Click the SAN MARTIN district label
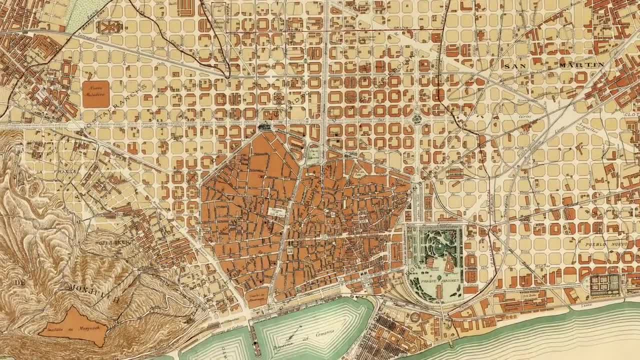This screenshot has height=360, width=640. pos(553,65)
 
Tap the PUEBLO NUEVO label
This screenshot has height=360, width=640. pos(602,244)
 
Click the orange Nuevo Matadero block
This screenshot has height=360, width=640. pos(95,93)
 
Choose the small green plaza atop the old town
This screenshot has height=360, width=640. pos(313,154)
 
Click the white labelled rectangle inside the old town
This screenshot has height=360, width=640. pos(276,212)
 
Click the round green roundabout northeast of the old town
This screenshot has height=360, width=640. pos(416,119)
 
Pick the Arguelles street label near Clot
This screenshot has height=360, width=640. pos(588,129)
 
